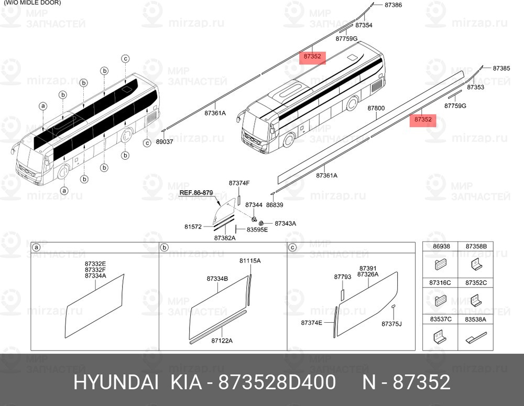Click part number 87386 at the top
393,5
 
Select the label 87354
364,25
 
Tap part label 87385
501,68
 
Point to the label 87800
376,108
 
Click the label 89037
165,141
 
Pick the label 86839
275,205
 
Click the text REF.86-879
196,193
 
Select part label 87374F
239,183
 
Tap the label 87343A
285,223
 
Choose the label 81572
193,226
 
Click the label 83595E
257,229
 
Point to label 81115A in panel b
249,261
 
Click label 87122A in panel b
222,341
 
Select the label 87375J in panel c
391,324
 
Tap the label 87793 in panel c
343,277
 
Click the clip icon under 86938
441,265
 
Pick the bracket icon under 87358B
476,264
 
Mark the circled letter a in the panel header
36,247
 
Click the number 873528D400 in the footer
277,382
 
